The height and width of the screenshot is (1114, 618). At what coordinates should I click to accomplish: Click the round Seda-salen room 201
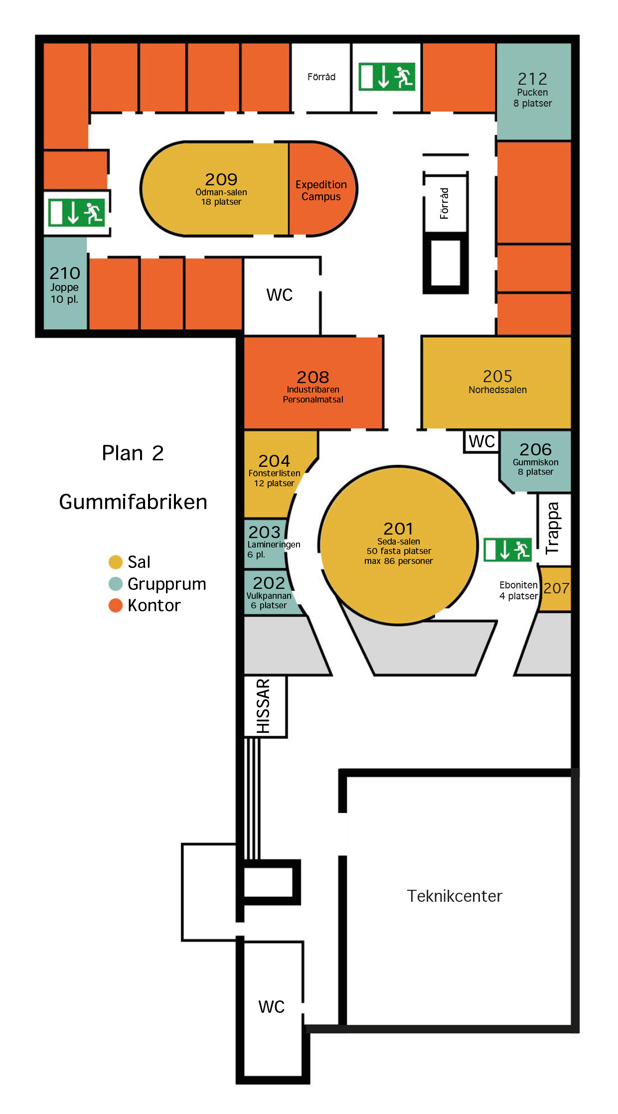(x=398, y=545)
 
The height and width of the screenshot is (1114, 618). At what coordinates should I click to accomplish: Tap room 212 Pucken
(x=533, y=91)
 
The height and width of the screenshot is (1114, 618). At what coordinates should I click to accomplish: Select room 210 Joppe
(x=65, y=283)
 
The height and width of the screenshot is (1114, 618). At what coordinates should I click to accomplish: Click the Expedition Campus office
(x=322, y=189)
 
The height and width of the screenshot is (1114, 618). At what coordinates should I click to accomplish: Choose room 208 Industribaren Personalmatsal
(x=313, y=383)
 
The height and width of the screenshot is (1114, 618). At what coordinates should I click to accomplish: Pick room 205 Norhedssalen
(x=496, y=382)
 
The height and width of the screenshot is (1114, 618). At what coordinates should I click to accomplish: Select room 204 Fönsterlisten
(x=277, y=473)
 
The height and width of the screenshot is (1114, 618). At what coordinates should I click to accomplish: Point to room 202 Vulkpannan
(x=269, y=593)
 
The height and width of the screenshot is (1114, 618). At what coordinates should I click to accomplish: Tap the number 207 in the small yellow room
(x=556, y=588)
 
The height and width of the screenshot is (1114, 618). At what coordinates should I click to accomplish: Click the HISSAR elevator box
(x=265, y=706)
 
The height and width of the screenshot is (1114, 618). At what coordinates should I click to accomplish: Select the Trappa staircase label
(x=552, y=528)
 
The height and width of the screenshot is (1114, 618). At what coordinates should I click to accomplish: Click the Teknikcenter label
(x=455, y=896)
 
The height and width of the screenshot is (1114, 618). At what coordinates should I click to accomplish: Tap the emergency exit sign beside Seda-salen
(x=507, y=550)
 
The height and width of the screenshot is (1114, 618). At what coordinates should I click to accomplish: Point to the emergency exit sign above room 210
(x=77, y=213)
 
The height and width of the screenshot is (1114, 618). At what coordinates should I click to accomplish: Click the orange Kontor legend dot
(x=116, y=605)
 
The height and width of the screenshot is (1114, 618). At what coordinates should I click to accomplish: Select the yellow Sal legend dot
(x=116, y=562)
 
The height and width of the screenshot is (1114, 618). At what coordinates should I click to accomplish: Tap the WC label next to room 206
(x=481, y=441)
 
